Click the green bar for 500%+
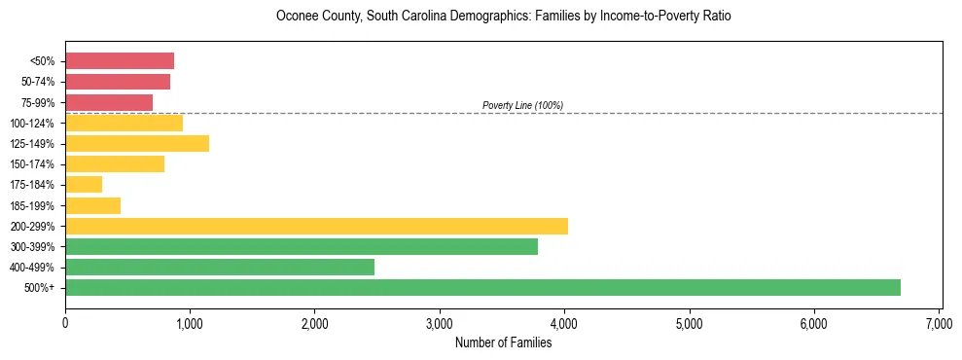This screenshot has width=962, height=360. point(482,288)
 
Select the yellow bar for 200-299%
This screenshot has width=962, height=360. point(316,226)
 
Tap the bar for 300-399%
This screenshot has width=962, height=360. point(302,247)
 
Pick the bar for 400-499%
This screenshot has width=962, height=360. point(220,268)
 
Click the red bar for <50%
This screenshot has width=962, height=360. point(120,61)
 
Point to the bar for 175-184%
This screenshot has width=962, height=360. point(84,185)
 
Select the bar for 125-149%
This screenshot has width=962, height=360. point(137,144)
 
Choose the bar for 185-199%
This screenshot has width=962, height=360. point(92,205)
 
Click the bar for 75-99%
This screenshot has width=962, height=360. point(109,102)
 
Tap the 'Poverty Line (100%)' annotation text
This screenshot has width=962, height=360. point(522,105)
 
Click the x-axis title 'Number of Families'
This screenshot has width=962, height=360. point(503,342)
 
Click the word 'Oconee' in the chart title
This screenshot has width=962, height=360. point(296,17)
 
